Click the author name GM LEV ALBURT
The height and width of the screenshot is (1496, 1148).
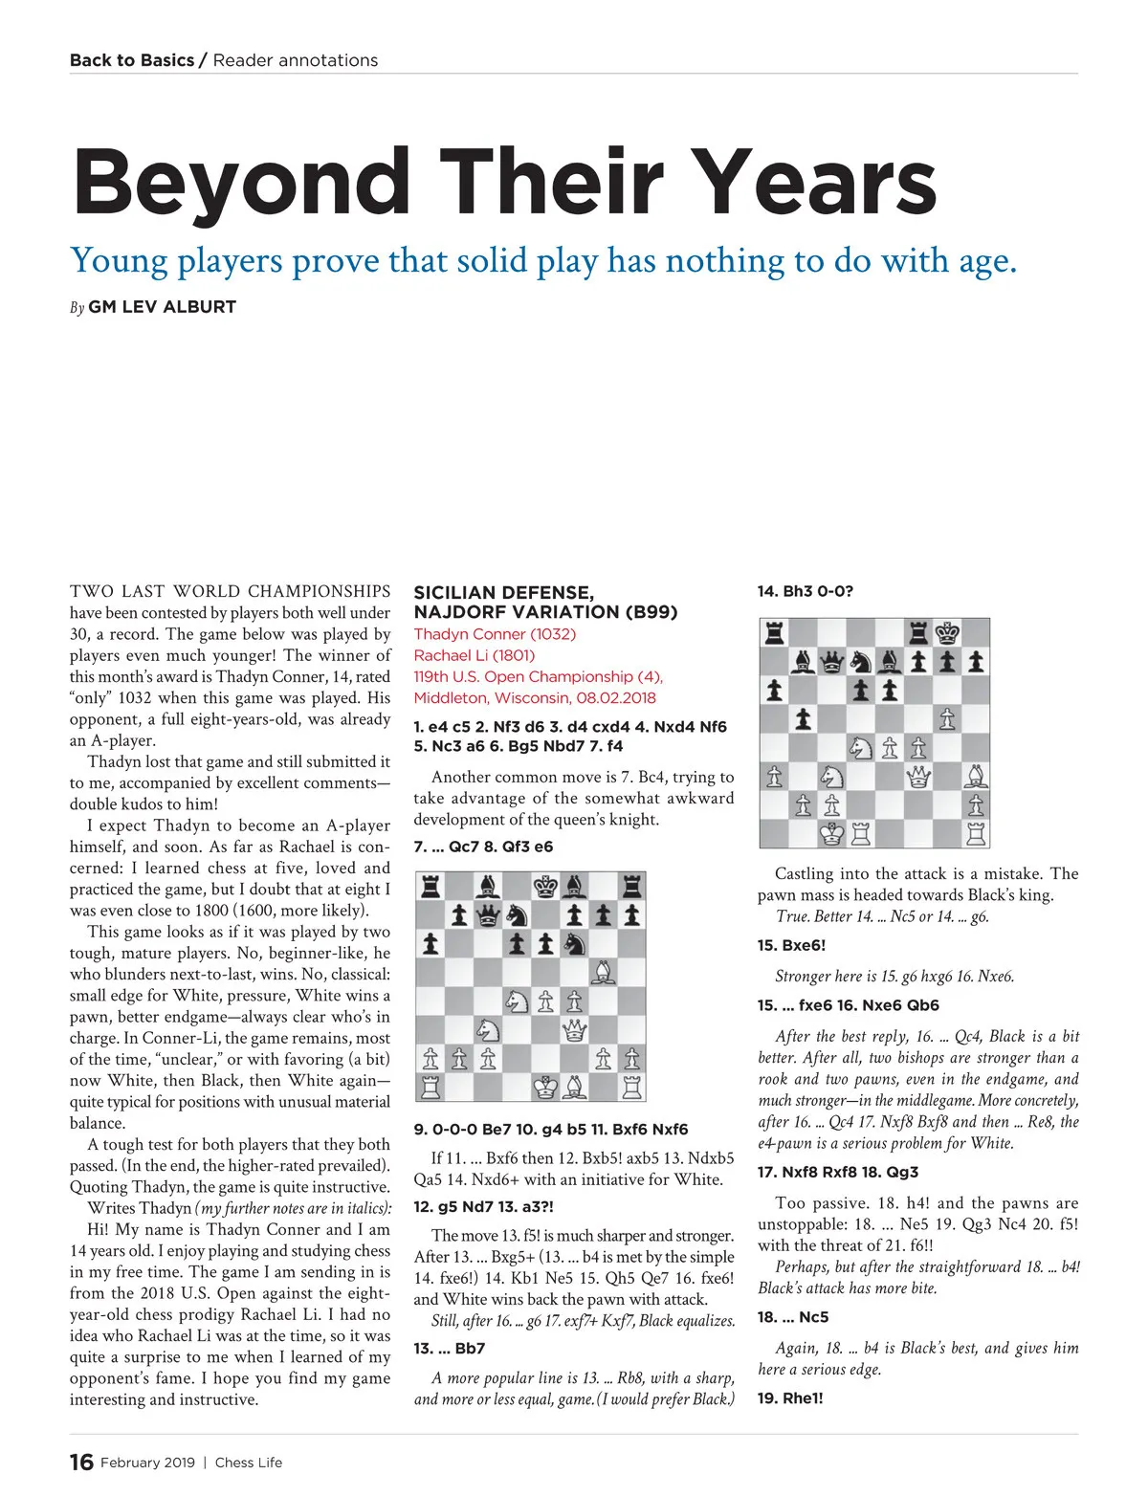click(162, 307)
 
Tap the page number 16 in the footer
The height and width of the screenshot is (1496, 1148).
click(81, 1462)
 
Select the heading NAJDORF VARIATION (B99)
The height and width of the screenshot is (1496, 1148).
click(545, 612)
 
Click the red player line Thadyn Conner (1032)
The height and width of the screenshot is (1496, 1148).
click(495, 634)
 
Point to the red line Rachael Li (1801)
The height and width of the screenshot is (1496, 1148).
click(474, 655)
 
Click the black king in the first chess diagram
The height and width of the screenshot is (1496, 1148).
click(545, 887)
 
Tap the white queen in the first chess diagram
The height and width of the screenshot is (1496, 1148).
click(574, 1029)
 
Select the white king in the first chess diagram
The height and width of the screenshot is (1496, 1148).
click(545, 1087)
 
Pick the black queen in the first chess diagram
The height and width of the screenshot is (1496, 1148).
click(488, 915)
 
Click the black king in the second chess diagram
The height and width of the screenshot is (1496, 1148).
click(947, 633)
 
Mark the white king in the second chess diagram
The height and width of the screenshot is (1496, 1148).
click(832, 834)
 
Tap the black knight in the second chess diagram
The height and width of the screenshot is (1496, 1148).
click(861, 662)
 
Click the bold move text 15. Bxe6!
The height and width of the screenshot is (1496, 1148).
click(791, 945)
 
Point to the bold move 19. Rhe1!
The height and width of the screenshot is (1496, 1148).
click(790, 1397)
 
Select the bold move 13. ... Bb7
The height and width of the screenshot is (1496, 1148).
click(450, 1349)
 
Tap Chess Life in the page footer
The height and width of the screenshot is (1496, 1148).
click(249, 1462)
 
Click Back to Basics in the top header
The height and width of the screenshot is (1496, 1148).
click(132, 60)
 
